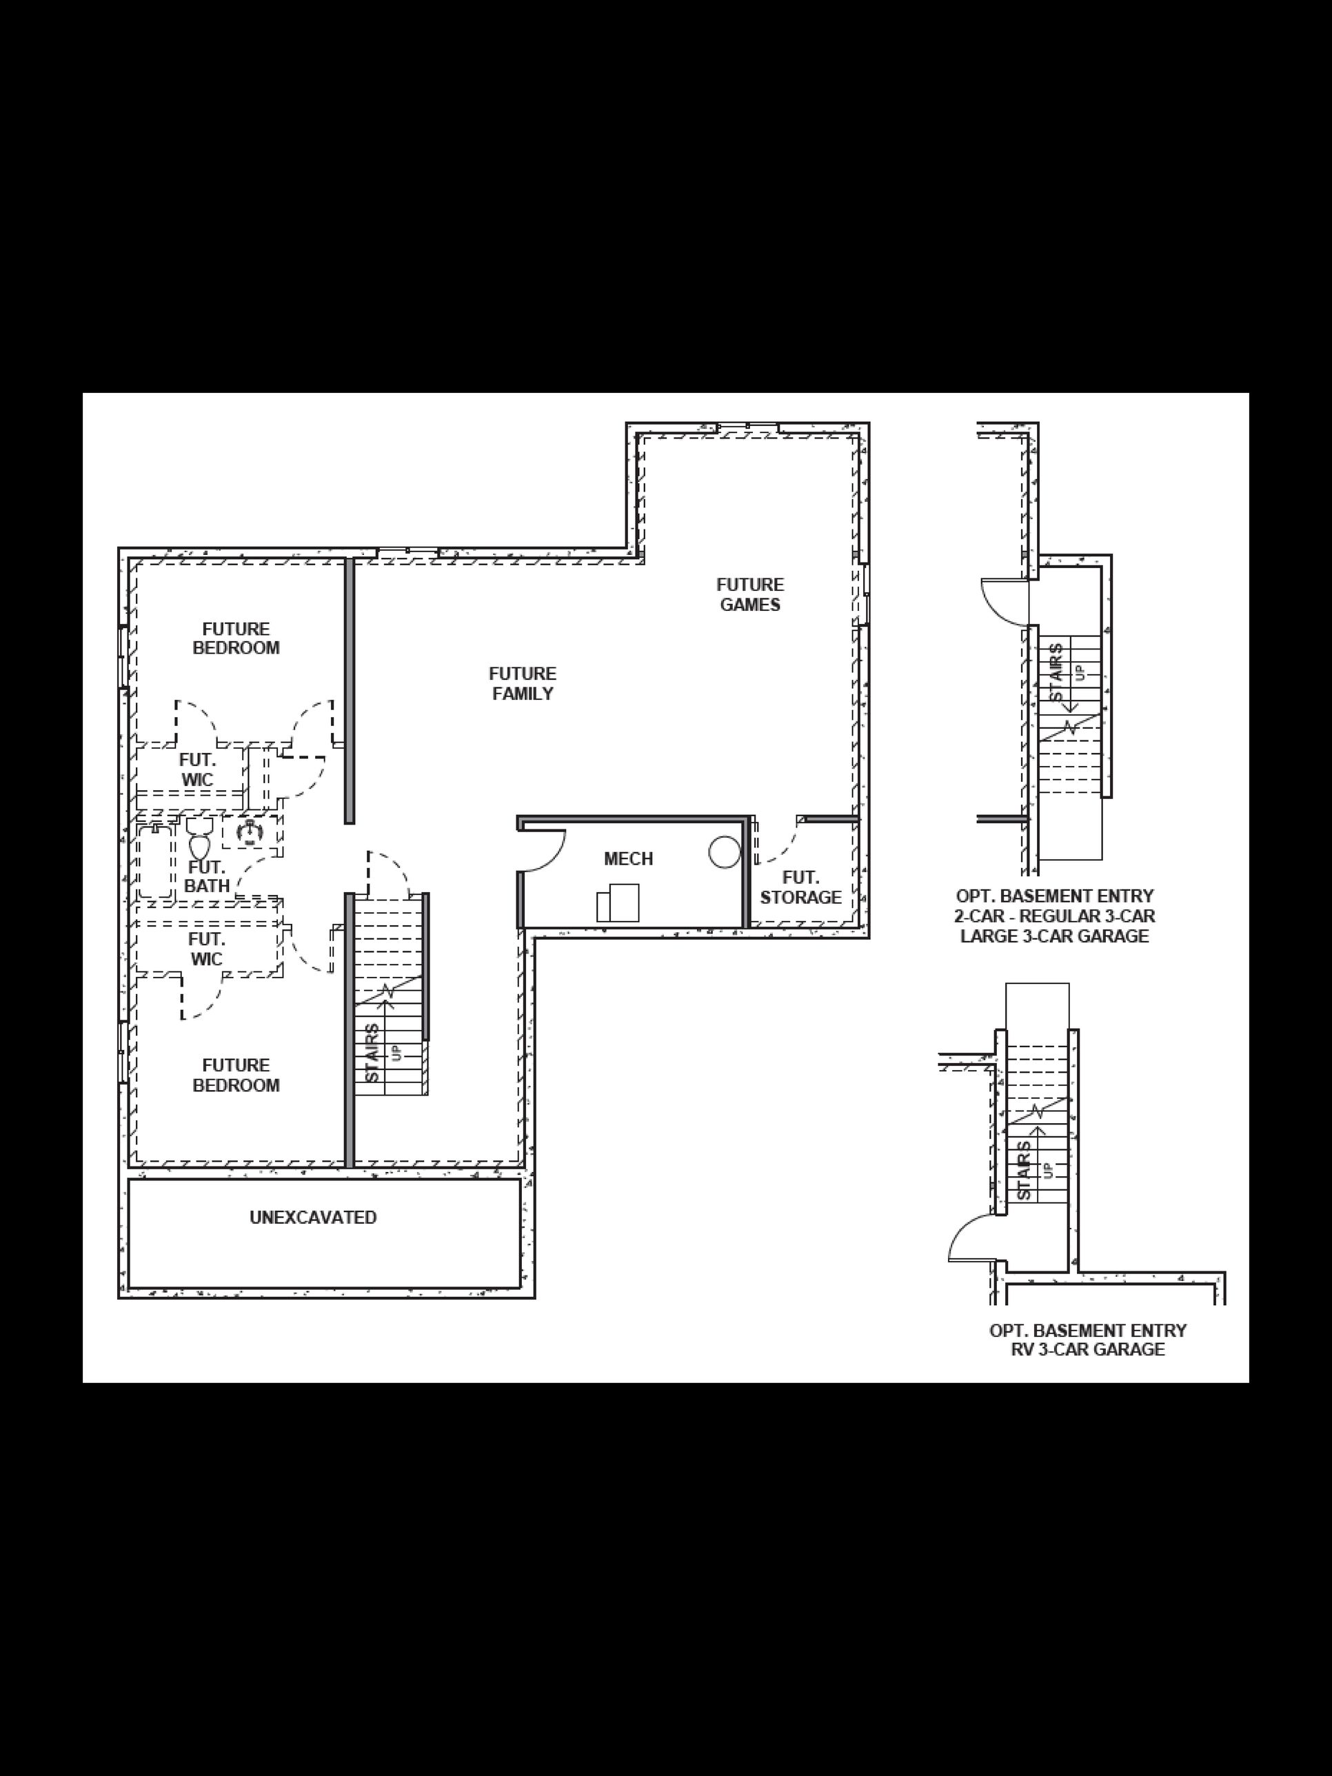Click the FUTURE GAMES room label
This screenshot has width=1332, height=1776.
[750, 595]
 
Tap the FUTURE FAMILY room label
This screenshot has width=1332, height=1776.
[523, 683]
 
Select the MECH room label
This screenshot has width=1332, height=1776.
[628, 859]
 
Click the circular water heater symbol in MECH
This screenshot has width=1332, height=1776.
[724, 852]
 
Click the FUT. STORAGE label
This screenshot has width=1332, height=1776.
[800, 888]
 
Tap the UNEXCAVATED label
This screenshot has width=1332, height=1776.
[313, 1217]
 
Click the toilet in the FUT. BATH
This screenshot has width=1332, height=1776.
[199, 839]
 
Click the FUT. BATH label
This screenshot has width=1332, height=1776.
[207, 877]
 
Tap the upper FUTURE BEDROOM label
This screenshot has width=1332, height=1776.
[236, 638]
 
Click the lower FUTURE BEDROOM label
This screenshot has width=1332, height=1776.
[236, 1075]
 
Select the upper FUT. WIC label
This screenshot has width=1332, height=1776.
[196, 769]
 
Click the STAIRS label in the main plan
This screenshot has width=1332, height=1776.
[372, 1053]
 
